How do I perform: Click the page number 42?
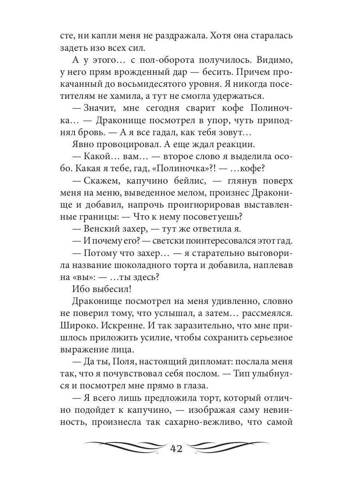coord(176,448)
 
